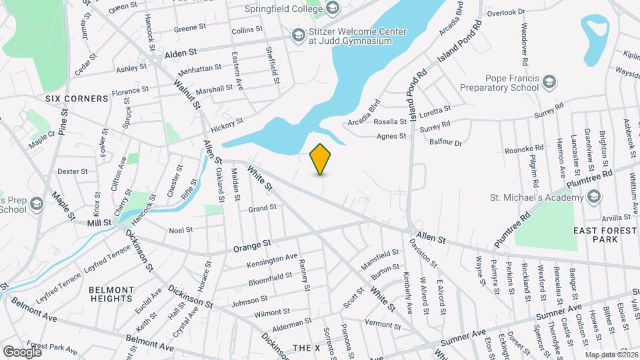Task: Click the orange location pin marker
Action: (321, 159)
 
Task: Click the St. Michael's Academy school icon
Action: (593, 196)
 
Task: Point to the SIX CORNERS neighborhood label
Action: (77, 99)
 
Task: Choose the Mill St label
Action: (97, 222)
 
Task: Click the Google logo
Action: (23, 351)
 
